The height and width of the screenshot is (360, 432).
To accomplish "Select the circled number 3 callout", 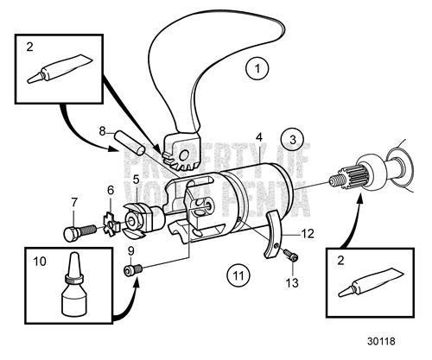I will pyautogui.click(x=294, y=139).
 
